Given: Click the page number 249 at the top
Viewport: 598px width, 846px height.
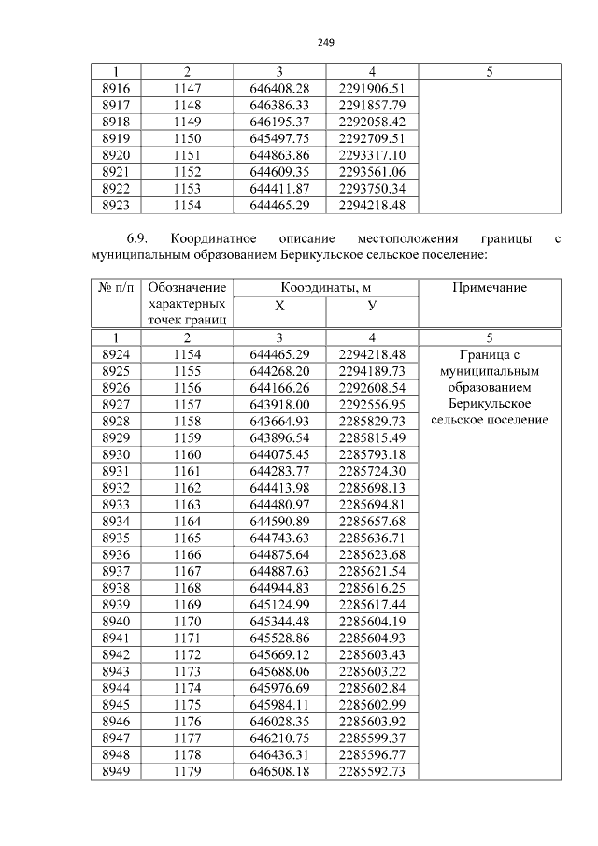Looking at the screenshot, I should click(325, 43).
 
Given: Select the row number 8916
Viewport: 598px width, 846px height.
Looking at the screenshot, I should click(115, 88).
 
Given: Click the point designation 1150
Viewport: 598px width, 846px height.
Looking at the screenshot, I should click(187, 137).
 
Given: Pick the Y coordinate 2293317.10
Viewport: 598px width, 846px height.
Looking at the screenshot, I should click(372, 154).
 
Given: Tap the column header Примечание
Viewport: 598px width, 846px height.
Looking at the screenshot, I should click(489, 288).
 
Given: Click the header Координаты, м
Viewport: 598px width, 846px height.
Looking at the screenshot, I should click(325, 288).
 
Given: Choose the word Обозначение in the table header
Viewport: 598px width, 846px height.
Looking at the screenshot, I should click(187, 288).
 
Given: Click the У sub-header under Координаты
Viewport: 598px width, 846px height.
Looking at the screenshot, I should click(372, 306).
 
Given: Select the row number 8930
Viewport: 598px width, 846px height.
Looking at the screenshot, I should click(115, 454).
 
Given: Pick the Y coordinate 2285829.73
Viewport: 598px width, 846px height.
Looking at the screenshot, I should click(372, 421).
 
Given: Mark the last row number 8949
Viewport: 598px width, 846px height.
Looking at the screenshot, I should click(115, 771).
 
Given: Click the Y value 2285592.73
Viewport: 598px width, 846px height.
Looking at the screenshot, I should click(372, 771).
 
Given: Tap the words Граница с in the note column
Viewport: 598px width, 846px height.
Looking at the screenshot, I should click(489, 354).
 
